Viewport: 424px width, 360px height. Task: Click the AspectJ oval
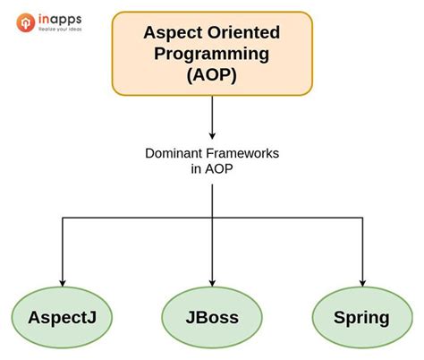coord(61,317)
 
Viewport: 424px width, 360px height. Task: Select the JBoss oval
coord(212,317)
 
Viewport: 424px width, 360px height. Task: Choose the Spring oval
coord(362,317)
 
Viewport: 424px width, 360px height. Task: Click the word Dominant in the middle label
coord(174,153)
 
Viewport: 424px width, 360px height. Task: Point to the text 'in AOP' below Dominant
coord(211,169)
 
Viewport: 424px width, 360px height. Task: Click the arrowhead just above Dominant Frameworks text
coord(212,133)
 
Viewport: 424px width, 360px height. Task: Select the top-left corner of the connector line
coord(61,215)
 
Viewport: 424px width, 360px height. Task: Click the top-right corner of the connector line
coord(362,215)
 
